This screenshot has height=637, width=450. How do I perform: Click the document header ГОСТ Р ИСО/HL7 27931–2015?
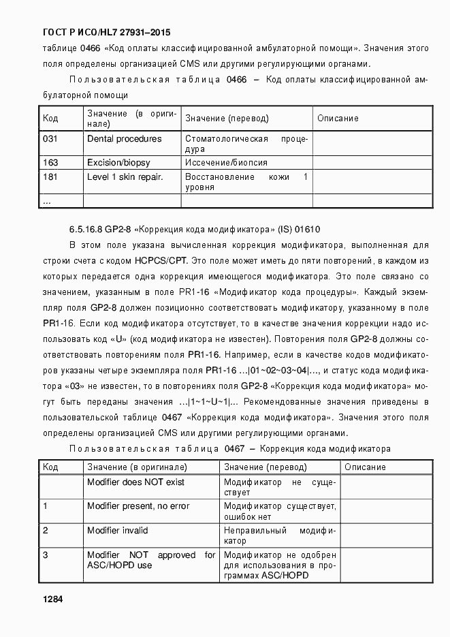(x=107, y=32)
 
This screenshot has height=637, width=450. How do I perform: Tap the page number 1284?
(x=53, y=600)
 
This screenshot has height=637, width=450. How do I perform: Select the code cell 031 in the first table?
(x=51, y=139)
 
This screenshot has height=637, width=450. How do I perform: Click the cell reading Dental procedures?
(x=125, y=139)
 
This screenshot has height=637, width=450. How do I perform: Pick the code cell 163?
(x=51, y=163)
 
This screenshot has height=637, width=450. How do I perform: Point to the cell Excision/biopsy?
(x=118, y=163)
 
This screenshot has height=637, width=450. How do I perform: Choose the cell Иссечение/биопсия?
(x=226, y=163)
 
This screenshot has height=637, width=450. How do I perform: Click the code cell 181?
(x=51, y=177)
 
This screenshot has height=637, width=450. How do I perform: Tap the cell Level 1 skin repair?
(x=125, y=177)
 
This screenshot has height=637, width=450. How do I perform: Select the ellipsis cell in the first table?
(x=47, y=202)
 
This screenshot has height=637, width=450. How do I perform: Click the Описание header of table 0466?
(x=338, y=119)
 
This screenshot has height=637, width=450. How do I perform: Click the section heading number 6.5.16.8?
(x=86, y=230)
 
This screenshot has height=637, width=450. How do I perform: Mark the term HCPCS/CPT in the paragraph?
(x=163, y=260)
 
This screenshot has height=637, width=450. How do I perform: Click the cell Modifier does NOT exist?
(x=136, y=482)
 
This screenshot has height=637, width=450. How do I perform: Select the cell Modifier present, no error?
(x=138, y=506)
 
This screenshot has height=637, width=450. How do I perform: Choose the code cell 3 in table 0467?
(x=46, y=555)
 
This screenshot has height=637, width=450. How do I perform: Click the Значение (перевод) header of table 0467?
(x=266, y=467)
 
